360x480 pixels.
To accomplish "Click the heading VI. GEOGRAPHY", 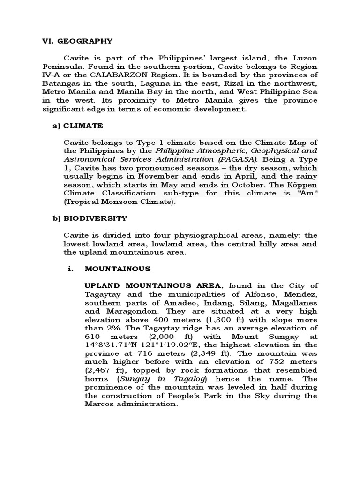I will tap(75, 41).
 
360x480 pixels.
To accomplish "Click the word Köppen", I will tap(301, 185).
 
